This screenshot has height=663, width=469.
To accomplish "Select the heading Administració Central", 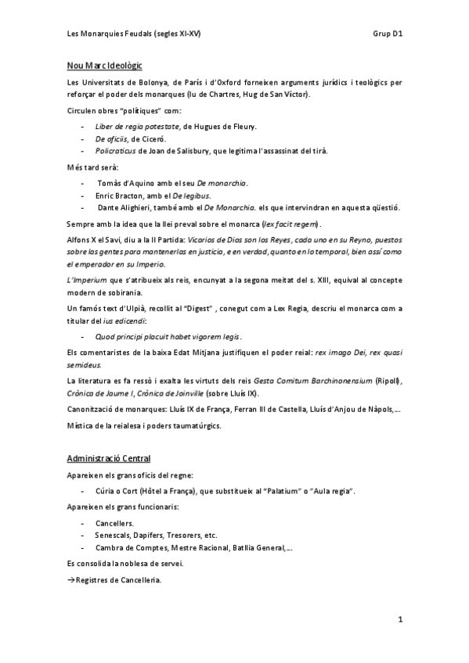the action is coord(109,457).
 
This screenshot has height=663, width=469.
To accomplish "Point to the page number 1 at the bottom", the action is coord(399,620).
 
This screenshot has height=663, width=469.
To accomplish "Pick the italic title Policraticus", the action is coord(115,150).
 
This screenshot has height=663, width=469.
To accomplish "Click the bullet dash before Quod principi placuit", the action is coord(84,337).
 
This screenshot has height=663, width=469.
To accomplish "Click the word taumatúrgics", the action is coord(197,426).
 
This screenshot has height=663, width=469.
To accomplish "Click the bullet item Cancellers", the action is coord(114,522).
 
